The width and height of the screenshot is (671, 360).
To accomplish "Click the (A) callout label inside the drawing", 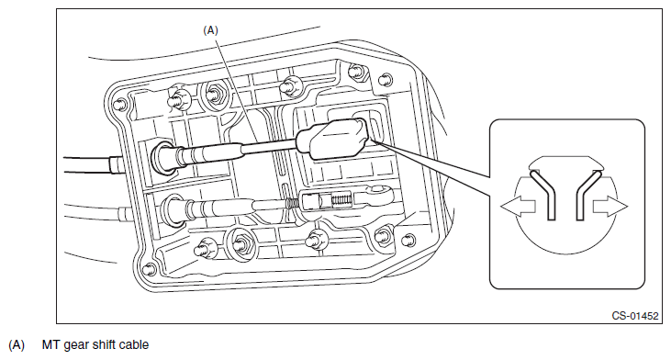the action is (x=210, y=30).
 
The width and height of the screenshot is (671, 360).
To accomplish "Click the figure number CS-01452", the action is (x=635, y=316).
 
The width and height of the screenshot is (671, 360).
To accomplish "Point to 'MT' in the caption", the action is (x=50, y=344).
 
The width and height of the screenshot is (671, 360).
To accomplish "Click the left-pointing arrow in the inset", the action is (x=518, y=207).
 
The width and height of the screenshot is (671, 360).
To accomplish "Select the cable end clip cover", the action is (x=332, y=139).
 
